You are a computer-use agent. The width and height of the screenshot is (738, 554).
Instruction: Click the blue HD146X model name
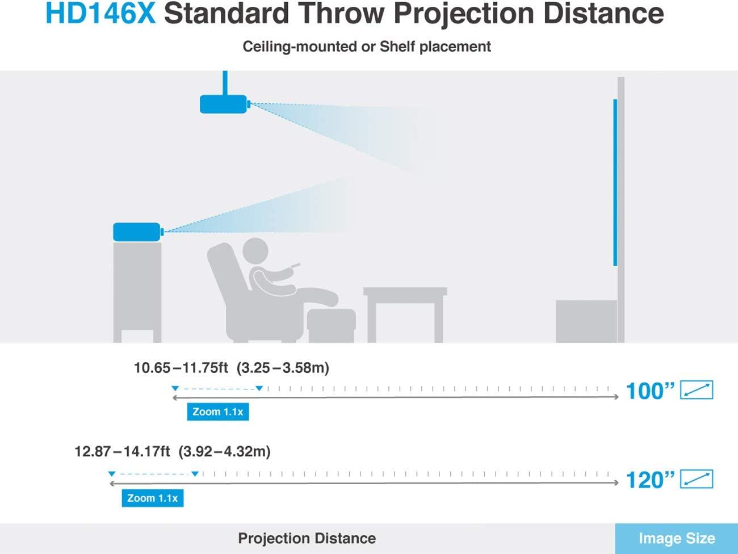coord(100,14)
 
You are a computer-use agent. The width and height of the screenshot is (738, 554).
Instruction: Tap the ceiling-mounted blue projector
coord(224,104)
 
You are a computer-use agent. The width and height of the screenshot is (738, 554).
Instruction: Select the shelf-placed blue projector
coord(138,232)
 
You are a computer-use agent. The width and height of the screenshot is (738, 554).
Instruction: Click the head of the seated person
coord(255,251)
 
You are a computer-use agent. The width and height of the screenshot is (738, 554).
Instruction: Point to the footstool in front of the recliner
coord(331,325)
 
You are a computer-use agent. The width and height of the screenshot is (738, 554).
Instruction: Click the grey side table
coord(405,314)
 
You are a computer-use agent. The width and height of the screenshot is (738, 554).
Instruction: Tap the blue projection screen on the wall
coord(615,183)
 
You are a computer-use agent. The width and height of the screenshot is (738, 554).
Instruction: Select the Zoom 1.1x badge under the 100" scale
coord(218,412)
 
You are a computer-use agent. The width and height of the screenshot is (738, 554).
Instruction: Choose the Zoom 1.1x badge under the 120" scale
coord(153,498)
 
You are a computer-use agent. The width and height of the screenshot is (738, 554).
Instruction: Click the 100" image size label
coord(650,391)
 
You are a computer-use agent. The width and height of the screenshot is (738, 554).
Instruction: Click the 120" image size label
coord(650,480)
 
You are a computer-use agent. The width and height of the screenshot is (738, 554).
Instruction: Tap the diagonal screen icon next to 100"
coord(697,390)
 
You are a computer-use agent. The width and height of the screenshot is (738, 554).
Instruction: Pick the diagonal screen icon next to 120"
coord(697,479)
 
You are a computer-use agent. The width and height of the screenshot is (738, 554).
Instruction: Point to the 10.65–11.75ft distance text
coord(181,368)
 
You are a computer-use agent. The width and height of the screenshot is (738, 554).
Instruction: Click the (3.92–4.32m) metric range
coord(224,451)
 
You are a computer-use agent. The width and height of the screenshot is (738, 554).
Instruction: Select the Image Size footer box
coord(677,539)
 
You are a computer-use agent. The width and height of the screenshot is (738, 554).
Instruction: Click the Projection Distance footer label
coord(307,538)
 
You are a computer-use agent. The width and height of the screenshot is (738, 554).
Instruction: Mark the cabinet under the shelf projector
coord(137,292)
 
